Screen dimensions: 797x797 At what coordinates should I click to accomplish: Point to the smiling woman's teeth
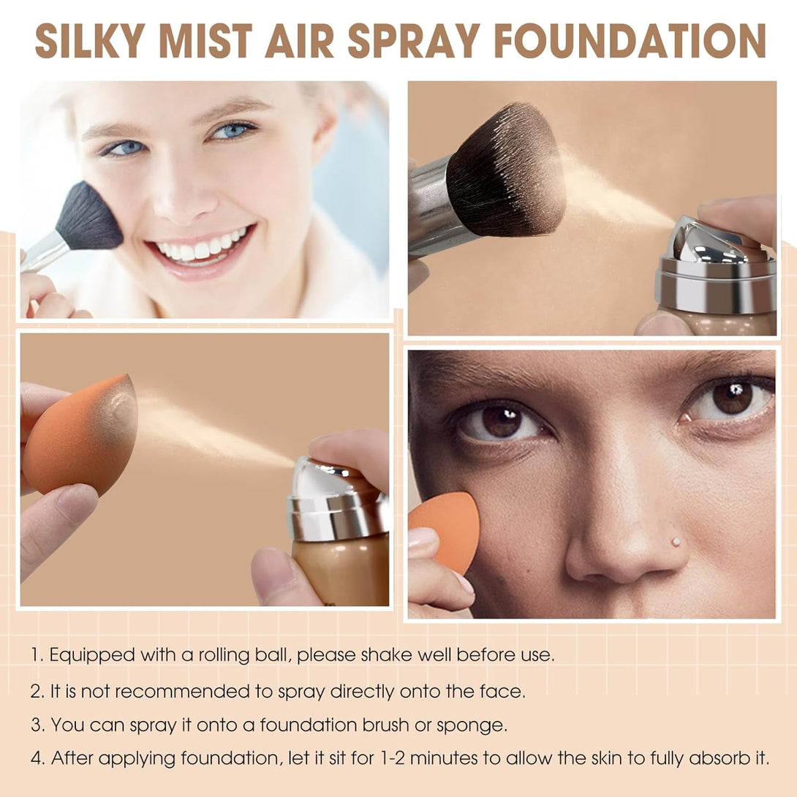[x=202, y=246]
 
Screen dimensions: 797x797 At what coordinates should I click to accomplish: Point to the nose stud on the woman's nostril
[x=675, y=542]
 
